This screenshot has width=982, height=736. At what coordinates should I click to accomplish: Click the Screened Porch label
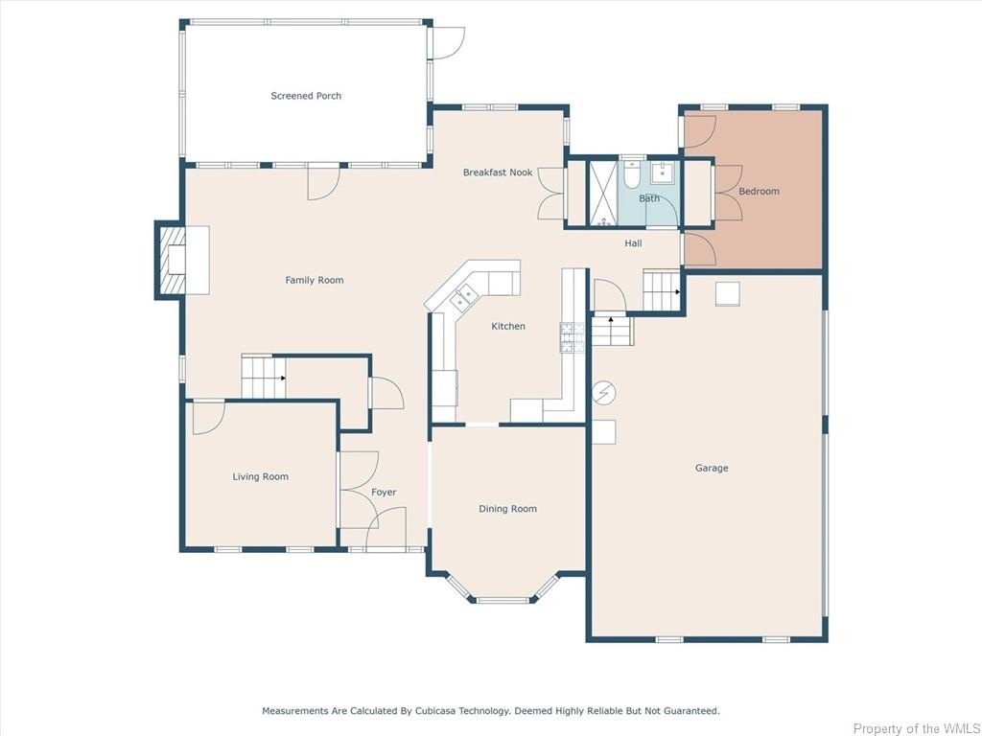[x=306, y=96]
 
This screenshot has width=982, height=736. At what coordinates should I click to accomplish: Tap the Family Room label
[x=315, y=281]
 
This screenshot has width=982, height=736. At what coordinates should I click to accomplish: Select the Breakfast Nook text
[x=498, y=172]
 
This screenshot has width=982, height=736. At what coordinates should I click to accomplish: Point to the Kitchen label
[x=508, y=326]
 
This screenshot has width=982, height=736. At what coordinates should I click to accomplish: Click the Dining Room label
[x=508, y=509]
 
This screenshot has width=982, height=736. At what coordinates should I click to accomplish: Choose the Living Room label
[x=261, y=477]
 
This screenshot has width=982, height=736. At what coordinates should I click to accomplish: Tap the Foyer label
[x=384, y=493]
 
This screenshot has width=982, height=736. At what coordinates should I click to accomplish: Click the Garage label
[x=712, y=468]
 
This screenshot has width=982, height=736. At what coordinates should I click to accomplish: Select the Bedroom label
[x=760, y=192]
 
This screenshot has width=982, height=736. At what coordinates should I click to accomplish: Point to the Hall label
[x=633, y=243]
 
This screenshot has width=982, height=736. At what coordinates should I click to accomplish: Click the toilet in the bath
[x=631, y=175]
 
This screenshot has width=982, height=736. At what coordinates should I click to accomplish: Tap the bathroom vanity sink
[x=662, y=172]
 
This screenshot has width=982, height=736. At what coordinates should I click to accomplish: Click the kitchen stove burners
[x=572, y=337]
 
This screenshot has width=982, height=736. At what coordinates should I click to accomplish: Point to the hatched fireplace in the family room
[x=173, y=260]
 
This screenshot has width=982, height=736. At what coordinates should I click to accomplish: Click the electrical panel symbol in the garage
[x=604, y=393]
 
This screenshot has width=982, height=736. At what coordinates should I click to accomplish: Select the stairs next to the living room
[x=263, y=377]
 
